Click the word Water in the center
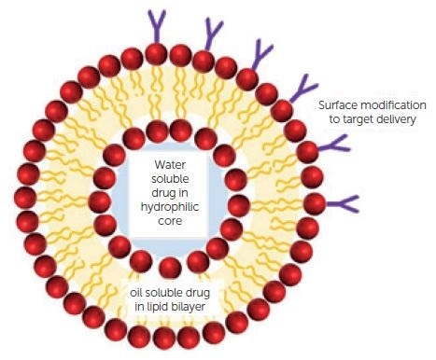(172, 165)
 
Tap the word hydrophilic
(172, 210)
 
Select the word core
(172, 225)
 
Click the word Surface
(339, 104)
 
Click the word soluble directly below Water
(172, 180)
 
